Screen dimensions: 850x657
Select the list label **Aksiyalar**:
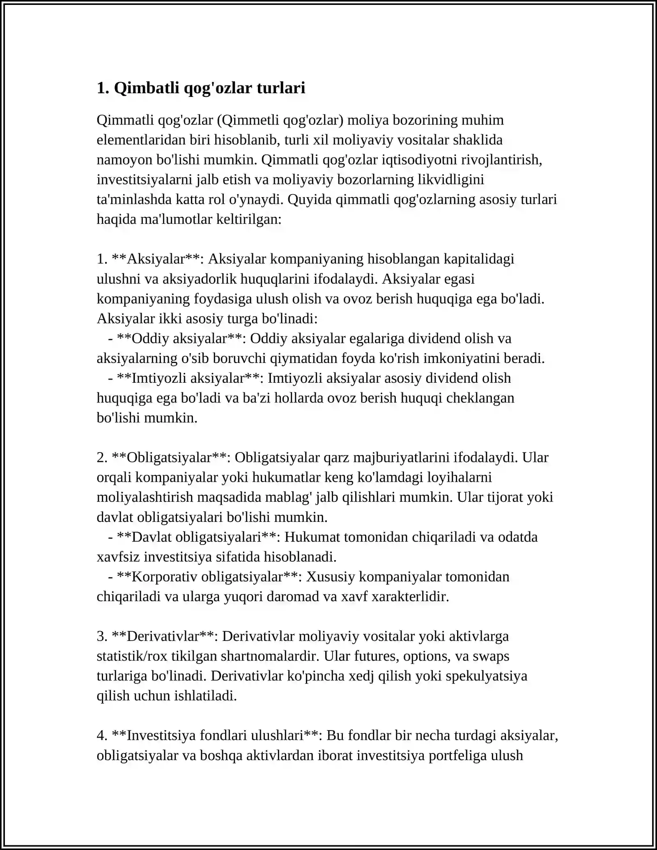(158, 259)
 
